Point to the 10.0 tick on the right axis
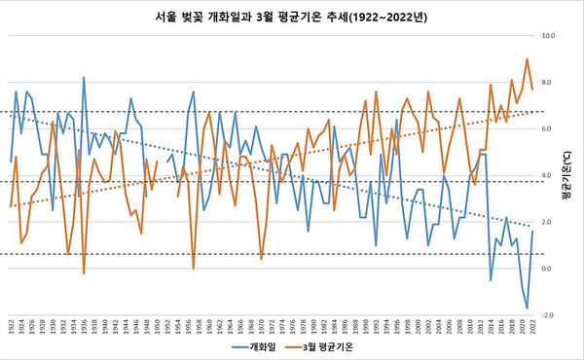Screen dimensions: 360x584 [548, 35]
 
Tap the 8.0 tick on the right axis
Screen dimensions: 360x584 [548, 82]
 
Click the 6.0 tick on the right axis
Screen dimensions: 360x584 [548, 128]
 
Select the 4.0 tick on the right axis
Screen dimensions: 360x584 [548, 175]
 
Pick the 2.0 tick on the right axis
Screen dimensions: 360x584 [548, 222]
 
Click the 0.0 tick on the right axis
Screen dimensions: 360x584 [548, 269]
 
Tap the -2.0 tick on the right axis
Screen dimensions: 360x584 [548, 315]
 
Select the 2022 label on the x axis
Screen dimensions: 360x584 [532, 327]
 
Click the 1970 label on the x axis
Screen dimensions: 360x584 [262, 327]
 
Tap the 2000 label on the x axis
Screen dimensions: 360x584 [418, 327]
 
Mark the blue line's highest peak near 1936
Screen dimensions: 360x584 [84, 77]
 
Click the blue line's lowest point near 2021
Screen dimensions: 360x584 [527, 308]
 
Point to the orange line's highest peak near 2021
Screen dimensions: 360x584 [527, 59]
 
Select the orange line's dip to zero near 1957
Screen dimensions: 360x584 [194, 268]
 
